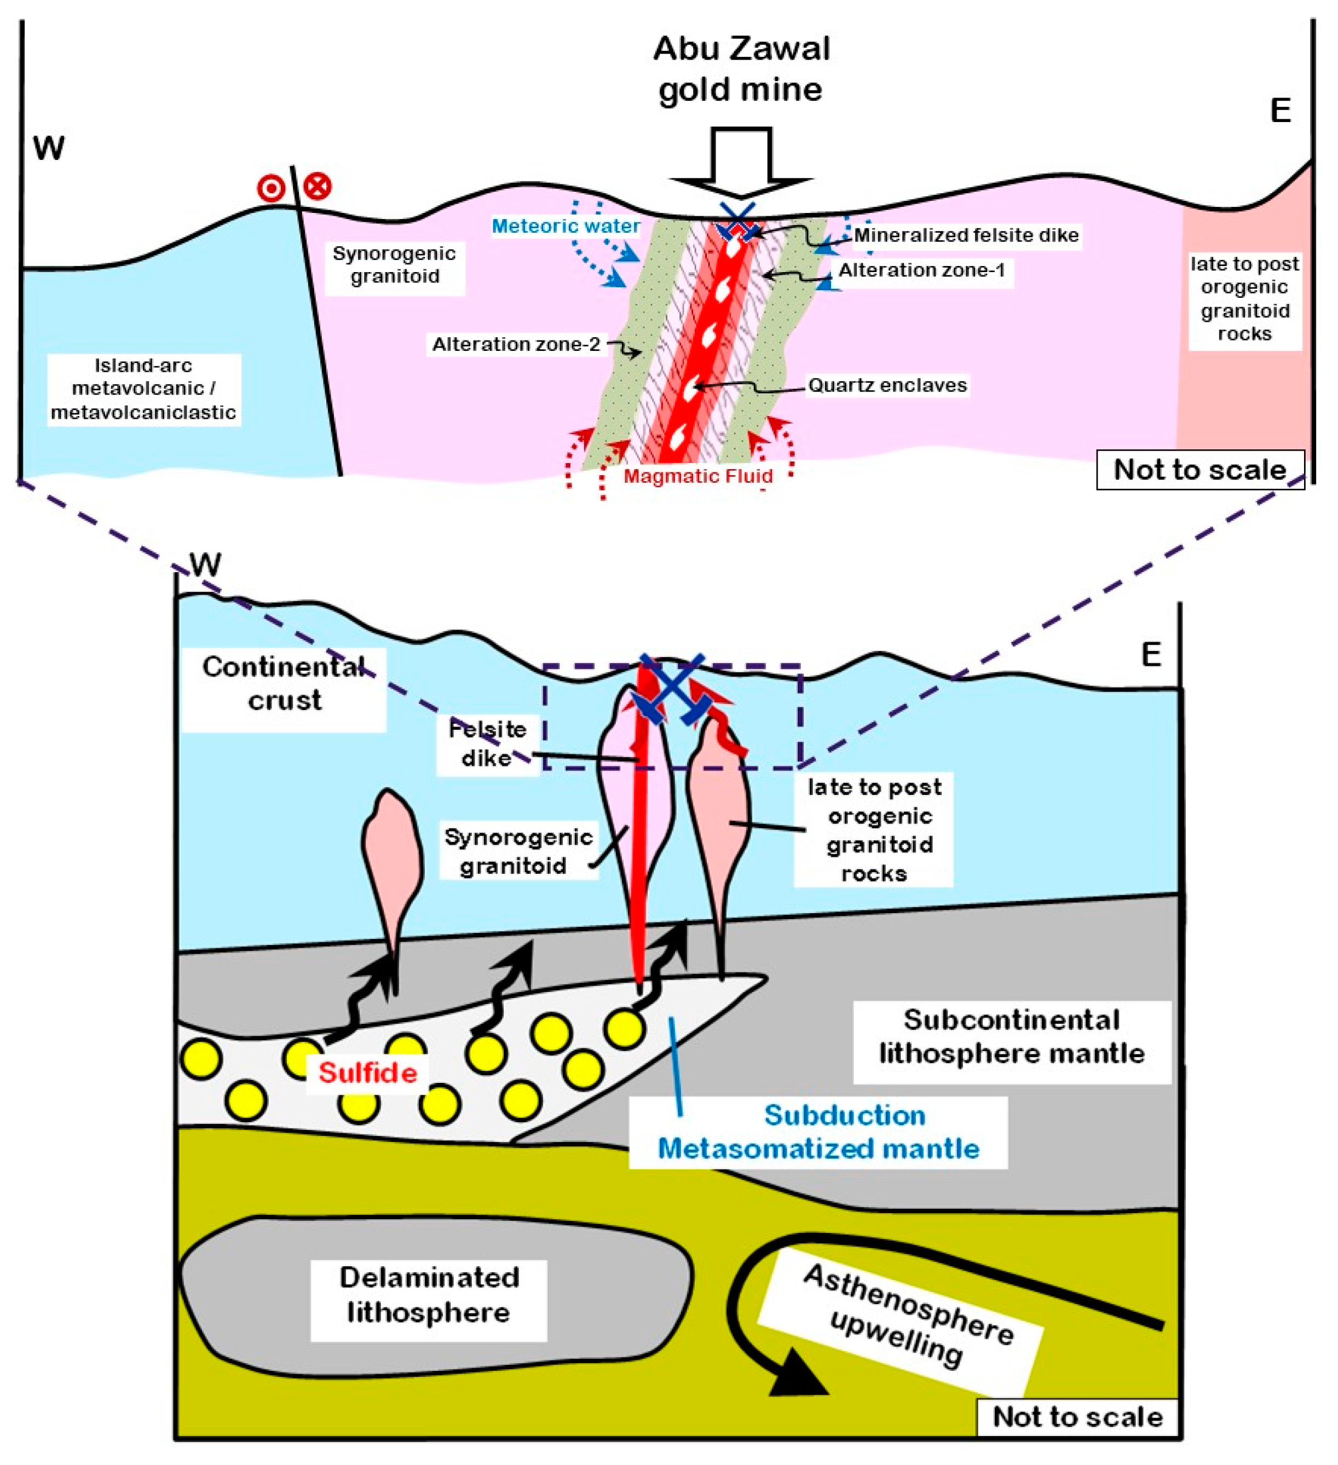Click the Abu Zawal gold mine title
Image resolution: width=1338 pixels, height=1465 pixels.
[741, 69]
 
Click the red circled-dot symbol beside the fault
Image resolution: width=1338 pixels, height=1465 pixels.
[271, 189]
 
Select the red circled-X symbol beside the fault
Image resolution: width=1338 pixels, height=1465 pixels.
[317, 186]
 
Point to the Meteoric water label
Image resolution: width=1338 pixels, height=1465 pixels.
[566, 226]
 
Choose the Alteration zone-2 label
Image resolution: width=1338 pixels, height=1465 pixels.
[516, 344]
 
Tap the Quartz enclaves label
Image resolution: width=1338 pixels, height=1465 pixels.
[887, 385]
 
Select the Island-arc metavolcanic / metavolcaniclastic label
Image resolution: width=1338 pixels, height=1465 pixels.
[143, 389]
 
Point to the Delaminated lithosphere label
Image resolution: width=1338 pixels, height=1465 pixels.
[429, 1294]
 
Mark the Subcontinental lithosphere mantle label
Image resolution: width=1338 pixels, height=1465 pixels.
[1011, 1036]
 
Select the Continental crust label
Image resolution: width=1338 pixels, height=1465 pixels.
[284, 684]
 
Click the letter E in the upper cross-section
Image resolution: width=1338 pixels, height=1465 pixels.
[1280, 111]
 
